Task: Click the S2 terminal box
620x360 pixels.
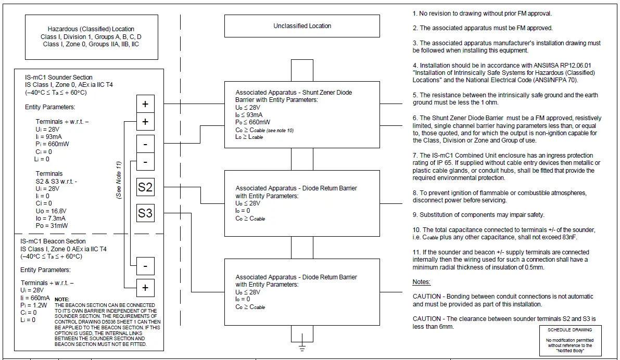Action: (145, 187)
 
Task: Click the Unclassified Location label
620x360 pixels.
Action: (302, 26)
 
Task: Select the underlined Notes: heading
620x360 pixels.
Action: (421, 282)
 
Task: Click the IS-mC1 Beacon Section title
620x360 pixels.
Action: (53, 241)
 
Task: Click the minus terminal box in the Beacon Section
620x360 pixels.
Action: (145, 266)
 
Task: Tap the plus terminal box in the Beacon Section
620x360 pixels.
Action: (145, 287)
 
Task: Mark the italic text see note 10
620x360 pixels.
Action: (279, 130)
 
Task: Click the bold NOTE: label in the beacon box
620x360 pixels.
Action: (61, 299)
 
